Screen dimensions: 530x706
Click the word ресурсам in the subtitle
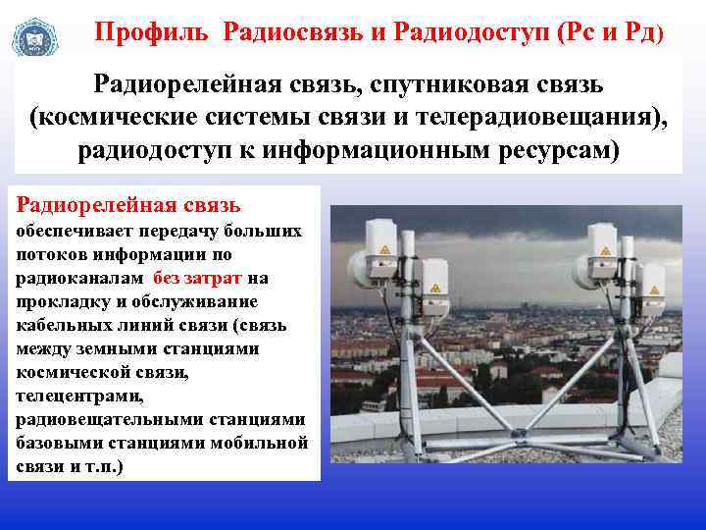(554, 154)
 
